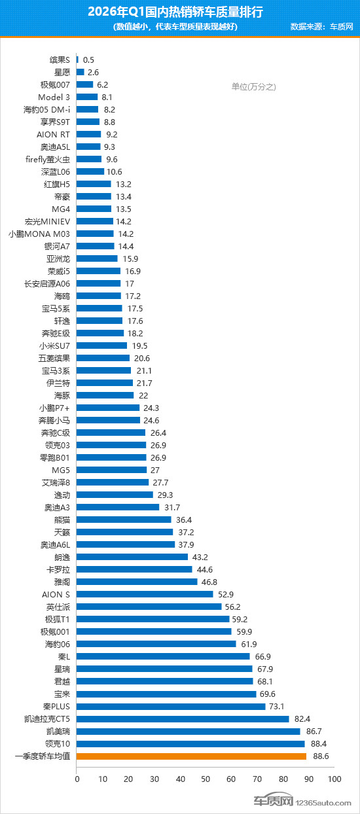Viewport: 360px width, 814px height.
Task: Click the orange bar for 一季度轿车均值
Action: pyautogui.click(x=191, y=756)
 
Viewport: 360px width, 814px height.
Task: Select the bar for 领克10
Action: pyautogui.click(x=190, y=744)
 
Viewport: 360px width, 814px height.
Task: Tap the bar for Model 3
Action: pyautogui.click(x=87, y=97)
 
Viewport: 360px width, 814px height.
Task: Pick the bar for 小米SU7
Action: pyautogui.click(x=101, y=345)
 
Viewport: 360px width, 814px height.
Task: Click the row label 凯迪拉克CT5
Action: pyautogui.click(x=47, y=719)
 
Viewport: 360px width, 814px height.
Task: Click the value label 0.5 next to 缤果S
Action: pyautogui.click(x=88, y=60)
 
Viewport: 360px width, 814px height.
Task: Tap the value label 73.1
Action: pyautogui.click(x=279, y=707)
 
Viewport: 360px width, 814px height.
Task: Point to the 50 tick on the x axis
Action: pyautogui.click(x=206, y=779)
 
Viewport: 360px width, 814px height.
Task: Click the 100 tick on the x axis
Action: pyautogui.click(x=334, y=779)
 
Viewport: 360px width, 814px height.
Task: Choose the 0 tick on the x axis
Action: pyautogui.click(x=77, y=779)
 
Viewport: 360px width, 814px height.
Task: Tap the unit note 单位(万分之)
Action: pyautogui.click(x=254, y=86)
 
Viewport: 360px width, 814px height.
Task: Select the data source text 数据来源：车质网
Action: pyautogui.click(x=321, y=27)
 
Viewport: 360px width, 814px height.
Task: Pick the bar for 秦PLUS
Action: pyautogui.click(x=171, y=707)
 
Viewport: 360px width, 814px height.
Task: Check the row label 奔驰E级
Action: pyautogui.click(x=54, y=333)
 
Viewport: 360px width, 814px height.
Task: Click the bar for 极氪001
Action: pyautogui.click(x=154, y=632)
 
